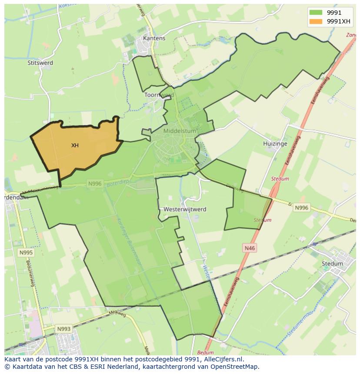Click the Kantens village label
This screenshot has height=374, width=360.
click(x=154, y=38)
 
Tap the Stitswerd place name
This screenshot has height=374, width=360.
click(x=40, y=63)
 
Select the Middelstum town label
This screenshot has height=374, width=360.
click(x=180, y=130)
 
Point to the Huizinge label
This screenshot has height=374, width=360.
click(x=276, y=144)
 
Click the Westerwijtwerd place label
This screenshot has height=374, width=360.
click(x=185, y=209)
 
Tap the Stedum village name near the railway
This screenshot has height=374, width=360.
click(x=332, y=263)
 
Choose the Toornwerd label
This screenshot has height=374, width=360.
click(x=159, y=95)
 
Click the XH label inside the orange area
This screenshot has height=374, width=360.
click(x=75, y=146)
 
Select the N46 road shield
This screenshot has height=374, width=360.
click(x=250, y=248)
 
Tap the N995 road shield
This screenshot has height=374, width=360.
click(x=26, y=252)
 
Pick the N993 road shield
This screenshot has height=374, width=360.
click(x=63, y=329)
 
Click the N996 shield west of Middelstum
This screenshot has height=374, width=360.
click(x=95, y=184)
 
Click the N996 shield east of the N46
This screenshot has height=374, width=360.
click(x=301, y=208)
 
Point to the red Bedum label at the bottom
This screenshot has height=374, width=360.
click(x=205, y=353)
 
